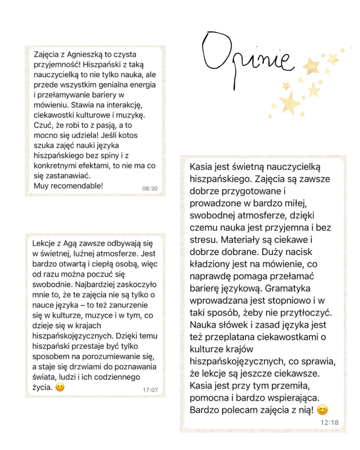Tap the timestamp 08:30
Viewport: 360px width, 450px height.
point(149,188)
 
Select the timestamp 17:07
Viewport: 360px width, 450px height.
point(150,389)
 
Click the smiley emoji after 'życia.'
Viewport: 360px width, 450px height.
point(60,388)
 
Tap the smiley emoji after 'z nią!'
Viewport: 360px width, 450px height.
point(322,410)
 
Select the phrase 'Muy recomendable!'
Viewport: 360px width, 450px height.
point(68,185)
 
